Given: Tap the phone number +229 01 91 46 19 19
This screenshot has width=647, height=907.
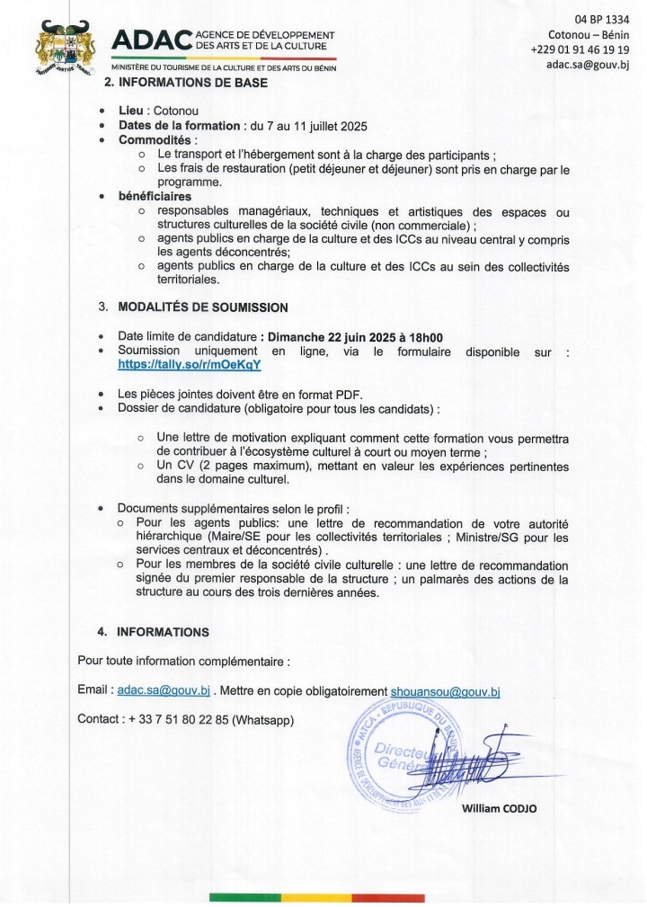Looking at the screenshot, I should [x=580, y=49].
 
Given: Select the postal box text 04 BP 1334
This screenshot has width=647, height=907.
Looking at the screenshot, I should [x=601, y=20].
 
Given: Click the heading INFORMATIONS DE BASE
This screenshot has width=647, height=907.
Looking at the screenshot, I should [x=192, y=84].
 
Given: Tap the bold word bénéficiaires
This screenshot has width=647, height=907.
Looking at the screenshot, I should [x=155, y=196].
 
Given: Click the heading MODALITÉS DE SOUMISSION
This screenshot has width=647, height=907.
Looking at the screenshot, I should [x=203, y=307].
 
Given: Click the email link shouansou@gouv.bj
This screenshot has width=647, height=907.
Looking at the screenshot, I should [x=445, y=690].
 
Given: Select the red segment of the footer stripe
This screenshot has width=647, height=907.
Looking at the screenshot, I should [x=388, y=897].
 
